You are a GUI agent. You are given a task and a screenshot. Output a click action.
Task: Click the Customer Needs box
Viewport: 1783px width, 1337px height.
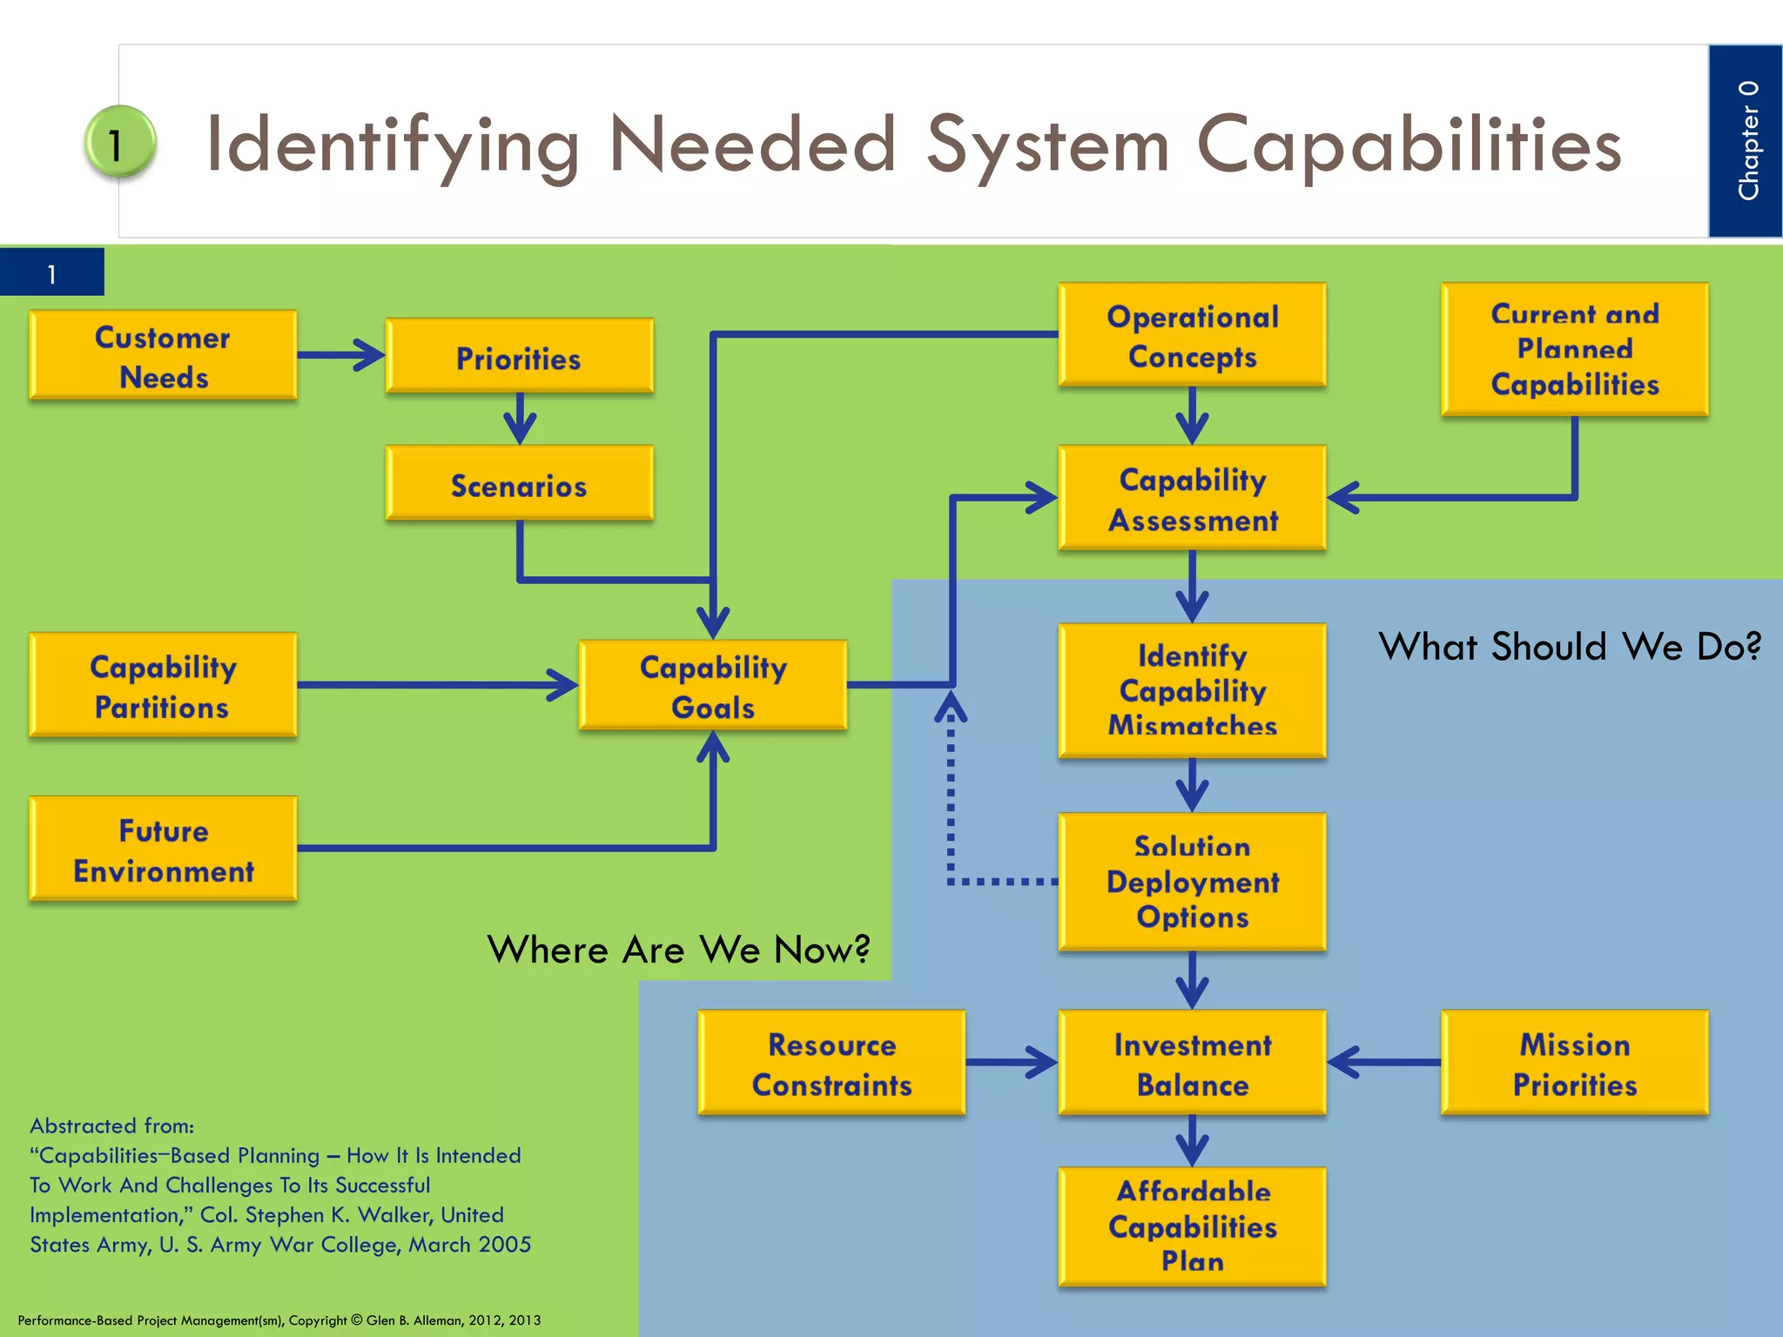163,355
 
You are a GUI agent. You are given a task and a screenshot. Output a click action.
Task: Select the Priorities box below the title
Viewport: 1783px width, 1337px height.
519,356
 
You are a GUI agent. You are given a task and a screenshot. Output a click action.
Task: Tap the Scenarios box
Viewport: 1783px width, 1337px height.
519,483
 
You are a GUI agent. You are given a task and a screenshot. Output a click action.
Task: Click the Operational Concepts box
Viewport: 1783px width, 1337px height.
1192,334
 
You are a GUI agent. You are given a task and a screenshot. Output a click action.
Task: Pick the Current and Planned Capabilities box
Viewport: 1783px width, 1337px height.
1574,348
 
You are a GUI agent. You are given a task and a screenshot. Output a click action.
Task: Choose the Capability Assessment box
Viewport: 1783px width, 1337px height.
1192,498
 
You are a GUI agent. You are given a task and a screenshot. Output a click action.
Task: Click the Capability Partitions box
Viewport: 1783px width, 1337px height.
163,685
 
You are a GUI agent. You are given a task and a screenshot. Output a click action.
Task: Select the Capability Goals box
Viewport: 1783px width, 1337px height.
712,685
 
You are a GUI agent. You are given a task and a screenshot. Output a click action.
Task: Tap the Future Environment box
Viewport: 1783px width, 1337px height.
163,849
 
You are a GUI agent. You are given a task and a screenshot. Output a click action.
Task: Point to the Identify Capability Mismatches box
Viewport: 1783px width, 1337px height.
1192,690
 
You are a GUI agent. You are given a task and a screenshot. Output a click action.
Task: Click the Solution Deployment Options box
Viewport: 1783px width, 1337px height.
1192,881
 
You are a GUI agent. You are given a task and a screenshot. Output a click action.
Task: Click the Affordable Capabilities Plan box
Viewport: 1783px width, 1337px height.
1192,1226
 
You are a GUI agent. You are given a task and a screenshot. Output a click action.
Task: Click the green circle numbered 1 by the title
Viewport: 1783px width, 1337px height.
119,143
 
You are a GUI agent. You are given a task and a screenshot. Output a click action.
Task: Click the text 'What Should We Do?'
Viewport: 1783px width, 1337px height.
1569,647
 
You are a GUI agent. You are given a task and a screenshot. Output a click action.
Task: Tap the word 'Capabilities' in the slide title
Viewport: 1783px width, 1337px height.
1408,145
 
